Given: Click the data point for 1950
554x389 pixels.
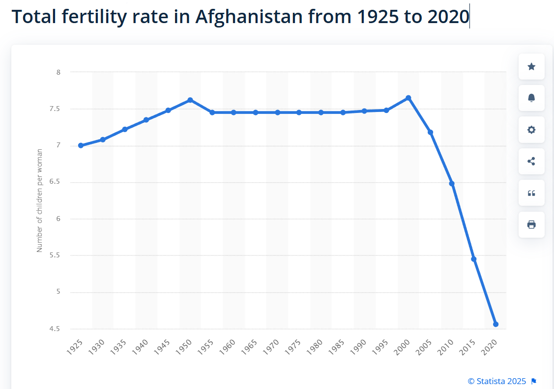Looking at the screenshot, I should click(190, 100).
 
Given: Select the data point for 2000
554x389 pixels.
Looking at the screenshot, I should click(408, 98).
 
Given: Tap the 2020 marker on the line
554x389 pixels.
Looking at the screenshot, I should click(496, 324).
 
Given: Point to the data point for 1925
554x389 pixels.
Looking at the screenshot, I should click(81, 145).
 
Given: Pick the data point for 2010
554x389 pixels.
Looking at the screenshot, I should click(452, 184).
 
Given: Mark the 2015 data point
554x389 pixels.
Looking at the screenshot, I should click(474, 259).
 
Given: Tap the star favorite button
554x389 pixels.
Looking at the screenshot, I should click(531, 66).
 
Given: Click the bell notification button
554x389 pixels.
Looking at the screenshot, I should click(531, 98).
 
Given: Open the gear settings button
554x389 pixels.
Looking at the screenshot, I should click(531, 130).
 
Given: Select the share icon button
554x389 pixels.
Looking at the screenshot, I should click(531, 161).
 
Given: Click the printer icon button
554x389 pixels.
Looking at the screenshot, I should click(531, 224).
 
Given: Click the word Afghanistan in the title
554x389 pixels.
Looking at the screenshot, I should click(249, 17).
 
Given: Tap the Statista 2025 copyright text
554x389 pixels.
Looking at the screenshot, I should click(496, 381).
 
